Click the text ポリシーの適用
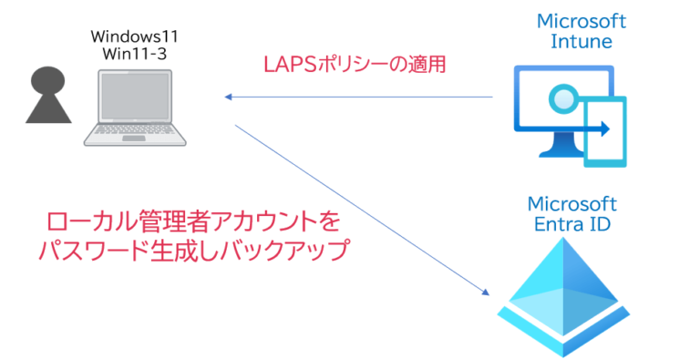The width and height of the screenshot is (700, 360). [382, 66]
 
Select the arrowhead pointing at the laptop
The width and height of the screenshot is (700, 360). [231, 96]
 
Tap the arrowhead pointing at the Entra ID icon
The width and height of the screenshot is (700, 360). [484, 292]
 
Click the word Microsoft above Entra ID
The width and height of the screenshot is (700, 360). [572, 203]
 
